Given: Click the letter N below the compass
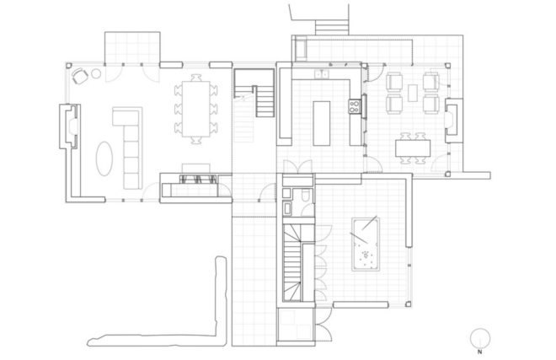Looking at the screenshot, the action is click(x=480, y=352).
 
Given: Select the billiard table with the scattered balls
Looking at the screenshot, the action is click(x=366, y=244).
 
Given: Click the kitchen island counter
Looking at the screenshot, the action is click(x=322, y=123).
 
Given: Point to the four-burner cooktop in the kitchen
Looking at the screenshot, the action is click(x=354, y=106).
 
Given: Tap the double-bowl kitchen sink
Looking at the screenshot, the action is click(x=321, y=74).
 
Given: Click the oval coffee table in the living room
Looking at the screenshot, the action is click(x=104, y=159).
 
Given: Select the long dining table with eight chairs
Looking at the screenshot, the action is click(x=196, y=109).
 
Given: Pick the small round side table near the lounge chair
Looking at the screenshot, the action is click(x=96, y=73).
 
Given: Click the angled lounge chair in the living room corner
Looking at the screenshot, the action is click(x=81, y=76).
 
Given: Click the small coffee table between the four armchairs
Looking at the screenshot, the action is click(x=413, y=93).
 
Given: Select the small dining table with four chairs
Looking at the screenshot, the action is click(x=413, y=148).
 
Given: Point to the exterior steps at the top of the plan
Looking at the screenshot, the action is click(x=332, y=27).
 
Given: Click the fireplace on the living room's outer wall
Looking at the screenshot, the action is click(x=69, y=126).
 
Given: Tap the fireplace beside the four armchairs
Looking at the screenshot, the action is click(x=453, y=121).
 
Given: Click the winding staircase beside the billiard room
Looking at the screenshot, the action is click(x=292, y=262).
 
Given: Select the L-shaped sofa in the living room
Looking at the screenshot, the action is click(x=128, y=148).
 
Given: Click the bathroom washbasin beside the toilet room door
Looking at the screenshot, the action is click(x=287, y=208).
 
